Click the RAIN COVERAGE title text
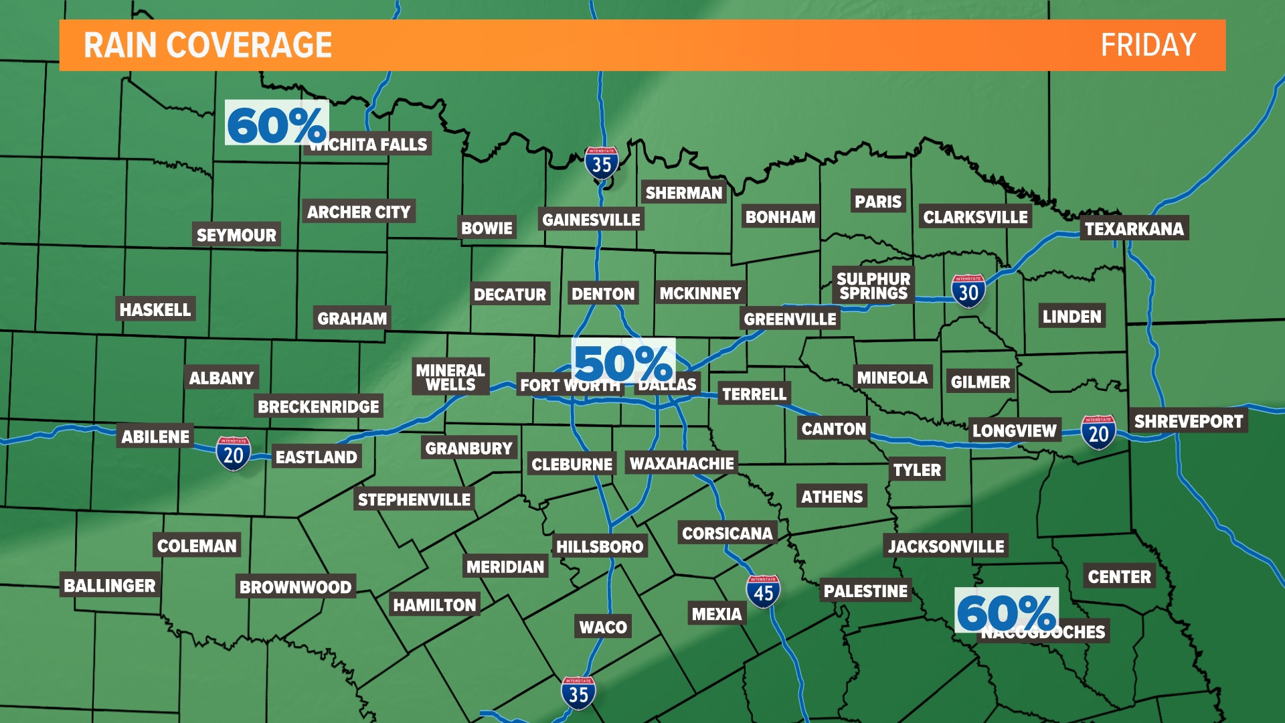tap(207, 46)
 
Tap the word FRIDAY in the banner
tap(1148, 46)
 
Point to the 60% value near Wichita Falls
tap(276, 124)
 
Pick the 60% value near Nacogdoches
tap(1006, 612)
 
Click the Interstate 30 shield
tap(968, 291)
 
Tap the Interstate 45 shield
tap(763, 592)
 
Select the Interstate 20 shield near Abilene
tap(233, 454)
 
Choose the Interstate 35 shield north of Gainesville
tap(601, 163)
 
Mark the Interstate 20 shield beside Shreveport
tap(1098, 432)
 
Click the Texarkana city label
tap(1134, 229)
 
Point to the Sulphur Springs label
tap(873, 286)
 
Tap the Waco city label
tap(603, 627)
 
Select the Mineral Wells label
tap(450, 377)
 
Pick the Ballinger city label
tap(110, 586)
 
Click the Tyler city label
tap(917, 470)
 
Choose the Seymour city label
tap(236, 235)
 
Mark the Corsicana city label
tap(727, 534)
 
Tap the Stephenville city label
tap(414, 500)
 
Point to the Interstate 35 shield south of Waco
tap(578, 694)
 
